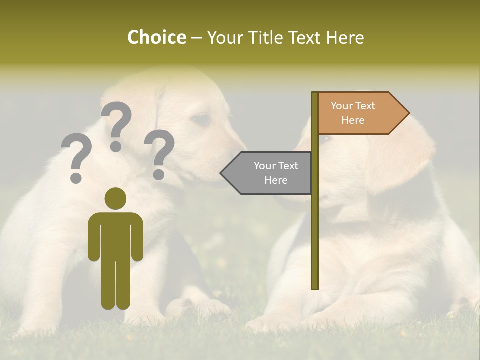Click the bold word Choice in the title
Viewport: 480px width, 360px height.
click(x=156, y=37)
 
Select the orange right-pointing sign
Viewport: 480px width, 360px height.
click(x=360, y=113)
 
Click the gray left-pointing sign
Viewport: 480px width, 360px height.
click(x=270, y=173)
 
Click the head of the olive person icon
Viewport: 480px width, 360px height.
click(x=115, y=198)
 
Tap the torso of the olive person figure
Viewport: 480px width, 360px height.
click(x=115, y=235)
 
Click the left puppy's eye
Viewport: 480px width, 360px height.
click(x=201, y=119)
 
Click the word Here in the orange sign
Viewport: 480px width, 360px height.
click(x=353, y=120)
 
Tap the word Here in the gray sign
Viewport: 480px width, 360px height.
click(x=276, y=180)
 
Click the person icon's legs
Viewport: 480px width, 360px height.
click(x=115, y=285)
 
